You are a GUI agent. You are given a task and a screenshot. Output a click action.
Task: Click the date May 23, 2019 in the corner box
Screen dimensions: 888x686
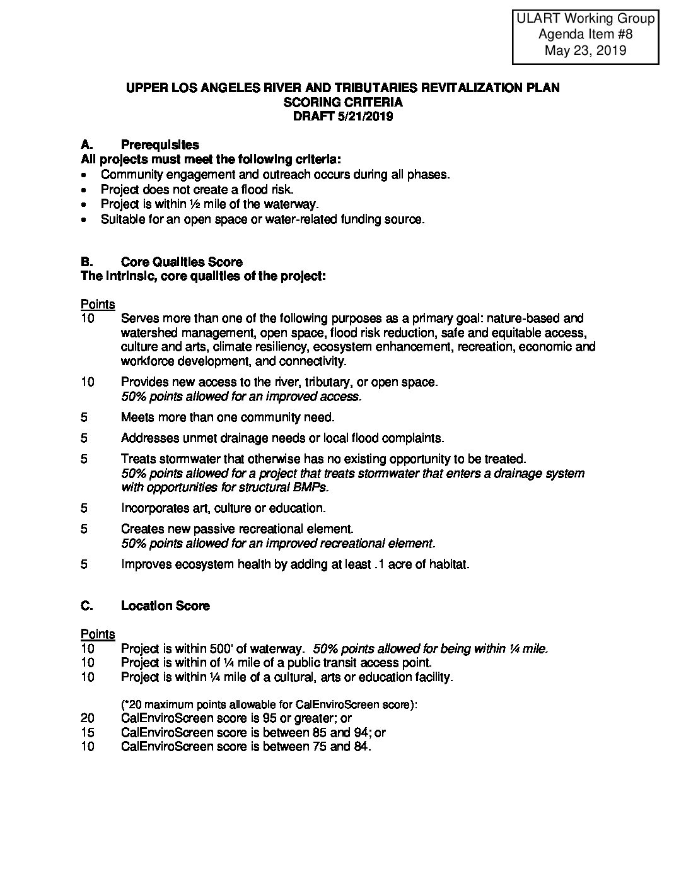(585, 50)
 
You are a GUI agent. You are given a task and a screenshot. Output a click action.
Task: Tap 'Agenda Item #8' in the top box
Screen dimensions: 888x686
(585, 35)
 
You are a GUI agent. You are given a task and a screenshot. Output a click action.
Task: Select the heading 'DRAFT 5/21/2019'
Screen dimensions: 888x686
(342, 116)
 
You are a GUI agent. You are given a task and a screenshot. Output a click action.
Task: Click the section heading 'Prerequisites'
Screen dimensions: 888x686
(160, 145)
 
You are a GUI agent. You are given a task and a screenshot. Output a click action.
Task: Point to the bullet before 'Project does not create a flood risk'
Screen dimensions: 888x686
(86, 190)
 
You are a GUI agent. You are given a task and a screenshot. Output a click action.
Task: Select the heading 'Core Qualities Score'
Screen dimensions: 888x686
(182, 262)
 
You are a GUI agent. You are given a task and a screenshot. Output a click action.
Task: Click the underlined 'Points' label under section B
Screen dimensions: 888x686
(98, 305)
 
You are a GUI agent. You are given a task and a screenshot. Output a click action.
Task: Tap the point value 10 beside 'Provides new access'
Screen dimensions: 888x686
(88, 382)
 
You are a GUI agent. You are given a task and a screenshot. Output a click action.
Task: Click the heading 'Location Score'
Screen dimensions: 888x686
(165, 605)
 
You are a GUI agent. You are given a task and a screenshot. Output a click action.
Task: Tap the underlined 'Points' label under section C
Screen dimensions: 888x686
(98, 634)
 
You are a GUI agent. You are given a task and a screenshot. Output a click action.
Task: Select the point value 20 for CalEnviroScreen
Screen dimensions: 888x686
(88, 718)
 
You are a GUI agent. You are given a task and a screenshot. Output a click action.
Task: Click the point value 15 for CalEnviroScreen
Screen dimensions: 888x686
(88, 733)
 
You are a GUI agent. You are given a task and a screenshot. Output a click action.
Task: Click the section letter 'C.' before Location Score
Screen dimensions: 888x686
(87, 605)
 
